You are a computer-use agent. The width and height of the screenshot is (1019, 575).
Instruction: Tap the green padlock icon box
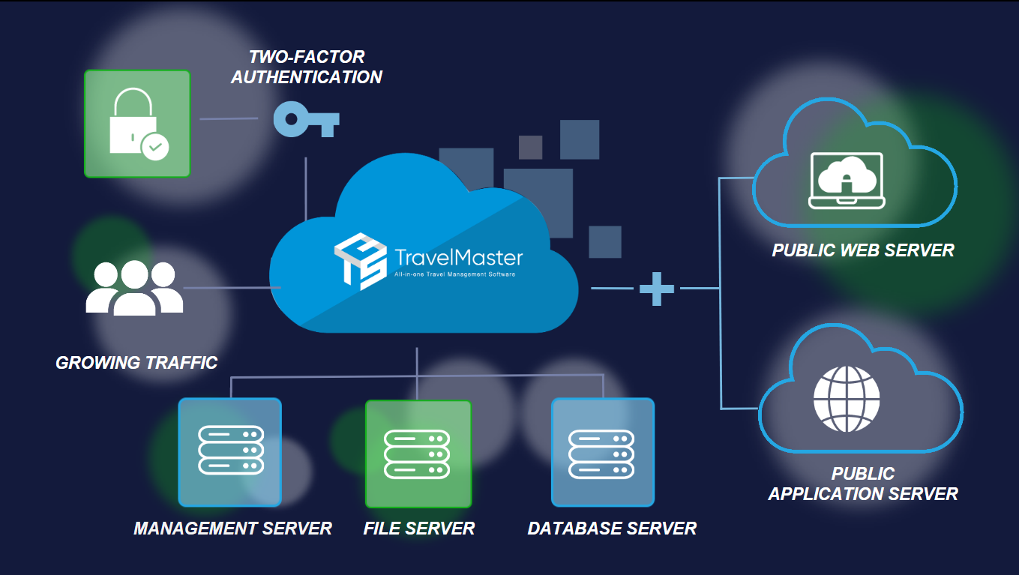[x=137, y=124]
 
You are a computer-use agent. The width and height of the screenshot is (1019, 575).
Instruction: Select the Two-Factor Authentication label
[x=307, y=67]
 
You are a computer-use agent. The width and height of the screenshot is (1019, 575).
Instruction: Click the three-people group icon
[x=134, y=288]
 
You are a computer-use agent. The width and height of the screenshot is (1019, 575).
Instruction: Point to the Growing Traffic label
[x=136, y=363]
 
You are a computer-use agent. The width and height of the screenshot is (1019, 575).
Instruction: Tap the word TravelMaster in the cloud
[x=458, y=259]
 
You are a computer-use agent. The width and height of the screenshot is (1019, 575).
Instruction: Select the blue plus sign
[x=657, y=288]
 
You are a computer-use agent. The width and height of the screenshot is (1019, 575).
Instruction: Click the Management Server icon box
[x=229, y=452]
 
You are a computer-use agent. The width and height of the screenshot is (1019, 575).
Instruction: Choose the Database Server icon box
[x=602, y=452]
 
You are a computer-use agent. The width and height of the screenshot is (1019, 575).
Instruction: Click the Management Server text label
[x=232, y=529]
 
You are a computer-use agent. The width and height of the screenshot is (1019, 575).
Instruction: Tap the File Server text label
[x=419, y=529]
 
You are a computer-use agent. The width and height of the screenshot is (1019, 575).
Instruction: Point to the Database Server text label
[x=612, y=529]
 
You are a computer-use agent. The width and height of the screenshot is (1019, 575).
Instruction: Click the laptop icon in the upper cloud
[x=847, y=180]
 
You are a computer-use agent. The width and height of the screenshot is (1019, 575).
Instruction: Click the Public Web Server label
[x=863, y=250]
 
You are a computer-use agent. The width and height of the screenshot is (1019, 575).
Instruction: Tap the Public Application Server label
[x=863, y=484]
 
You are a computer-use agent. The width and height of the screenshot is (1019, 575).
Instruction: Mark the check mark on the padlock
[x=155, y=147]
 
